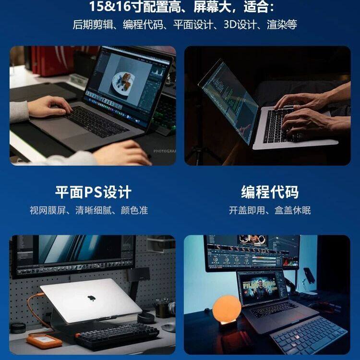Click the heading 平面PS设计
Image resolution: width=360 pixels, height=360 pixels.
coord(93,192)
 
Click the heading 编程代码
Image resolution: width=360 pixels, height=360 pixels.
coord(269,192)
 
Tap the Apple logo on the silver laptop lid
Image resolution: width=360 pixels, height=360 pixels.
coord(90,298)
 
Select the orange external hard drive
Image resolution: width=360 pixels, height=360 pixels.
coord(44,340)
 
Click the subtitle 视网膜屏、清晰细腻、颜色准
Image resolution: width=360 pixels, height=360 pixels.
coord(89,210)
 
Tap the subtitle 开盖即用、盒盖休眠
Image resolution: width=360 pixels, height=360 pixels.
coord(270,210)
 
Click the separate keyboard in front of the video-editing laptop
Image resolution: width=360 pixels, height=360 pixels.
coord(310,334)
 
